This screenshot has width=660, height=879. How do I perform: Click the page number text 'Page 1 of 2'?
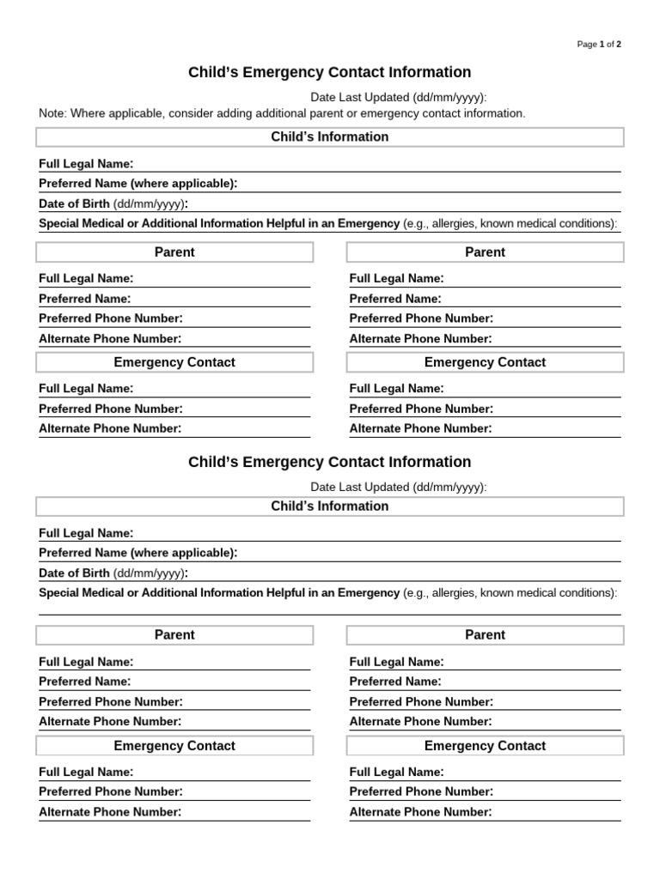[x=599, y=45]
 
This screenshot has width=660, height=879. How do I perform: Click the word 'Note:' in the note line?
[x=53, y=113]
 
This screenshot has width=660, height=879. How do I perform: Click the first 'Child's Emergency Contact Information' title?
[x=329, y=73]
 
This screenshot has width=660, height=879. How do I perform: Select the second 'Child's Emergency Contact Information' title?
[x=329, y=463]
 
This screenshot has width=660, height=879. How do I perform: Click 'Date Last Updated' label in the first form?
[x=360, y=98]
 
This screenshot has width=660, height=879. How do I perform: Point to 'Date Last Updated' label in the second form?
[x=360, y=488]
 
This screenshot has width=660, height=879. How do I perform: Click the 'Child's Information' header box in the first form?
[x=329, y=137]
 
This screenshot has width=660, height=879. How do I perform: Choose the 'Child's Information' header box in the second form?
[x=329, y=506]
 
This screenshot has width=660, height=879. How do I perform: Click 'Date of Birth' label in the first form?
[x=74, y=203]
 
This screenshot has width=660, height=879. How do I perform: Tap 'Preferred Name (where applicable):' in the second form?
[x=137, y=553]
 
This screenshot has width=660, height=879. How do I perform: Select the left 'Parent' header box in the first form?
[x=174, y=252]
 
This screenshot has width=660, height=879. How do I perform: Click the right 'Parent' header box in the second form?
[x=485, y=635]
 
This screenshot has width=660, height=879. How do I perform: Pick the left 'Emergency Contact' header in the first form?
[x=174, y=362]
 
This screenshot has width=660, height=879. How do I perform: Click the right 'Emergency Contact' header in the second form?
[x=485, y=746]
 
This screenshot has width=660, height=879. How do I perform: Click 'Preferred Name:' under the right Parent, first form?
[x=395, y=299]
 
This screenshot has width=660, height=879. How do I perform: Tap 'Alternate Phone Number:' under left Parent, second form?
[x=110, y=722]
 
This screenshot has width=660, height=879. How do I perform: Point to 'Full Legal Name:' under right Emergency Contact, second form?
[x=396, y=772]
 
